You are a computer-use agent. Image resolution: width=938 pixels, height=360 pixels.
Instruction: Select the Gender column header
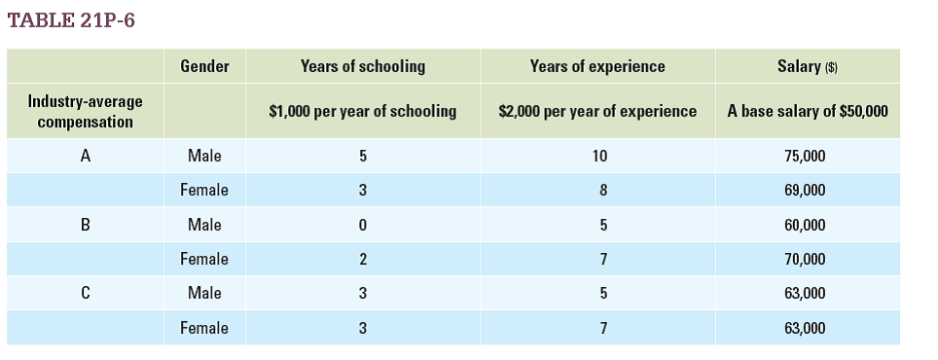click(x=204, y=66)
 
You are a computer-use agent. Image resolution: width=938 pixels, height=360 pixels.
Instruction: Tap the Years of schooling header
click(x=363, y=66)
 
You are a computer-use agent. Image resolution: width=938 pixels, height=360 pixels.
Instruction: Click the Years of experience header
click(x=597, y=66)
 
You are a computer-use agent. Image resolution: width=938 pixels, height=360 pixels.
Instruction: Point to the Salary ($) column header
click(x=808, y=66)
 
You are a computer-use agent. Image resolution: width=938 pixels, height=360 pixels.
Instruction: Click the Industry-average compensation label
click(x=86, y=111)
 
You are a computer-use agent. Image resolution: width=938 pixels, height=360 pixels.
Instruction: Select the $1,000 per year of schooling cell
click(x=363, y=111)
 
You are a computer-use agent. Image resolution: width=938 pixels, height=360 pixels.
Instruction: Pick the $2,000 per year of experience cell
click(x=597, y=111)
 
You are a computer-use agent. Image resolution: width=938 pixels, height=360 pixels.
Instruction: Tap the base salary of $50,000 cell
click(x=808, y=111)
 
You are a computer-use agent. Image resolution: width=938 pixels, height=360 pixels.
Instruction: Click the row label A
click(x=86, y=156)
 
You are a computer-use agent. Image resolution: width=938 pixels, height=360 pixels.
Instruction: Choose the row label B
click(x=86, y=225)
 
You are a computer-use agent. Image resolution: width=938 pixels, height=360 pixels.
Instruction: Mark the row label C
click(x=86, y=293)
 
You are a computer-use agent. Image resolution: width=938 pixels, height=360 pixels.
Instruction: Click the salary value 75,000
click(x=805, y=156)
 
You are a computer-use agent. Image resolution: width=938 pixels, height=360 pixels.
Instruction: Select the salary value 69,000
click(x=805, y=191)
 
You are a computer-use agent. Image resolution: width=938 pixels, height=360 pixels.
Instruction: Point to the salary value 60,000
click(x=805, y=225)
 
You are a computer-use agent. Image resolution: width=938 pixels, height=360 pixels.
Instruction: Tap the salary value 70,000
click(x=805, y=259)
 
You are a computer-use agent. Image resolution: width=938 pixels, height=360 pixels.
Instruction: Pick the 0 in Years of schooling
click(x=363, y=225)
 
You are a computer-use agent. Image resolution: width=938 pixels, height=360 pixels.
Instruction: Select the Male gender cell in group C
click(x=204, y=293)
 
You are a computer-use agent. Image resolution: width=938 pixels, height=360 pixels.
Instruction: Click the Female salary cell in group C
click(x=805, y=328)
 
